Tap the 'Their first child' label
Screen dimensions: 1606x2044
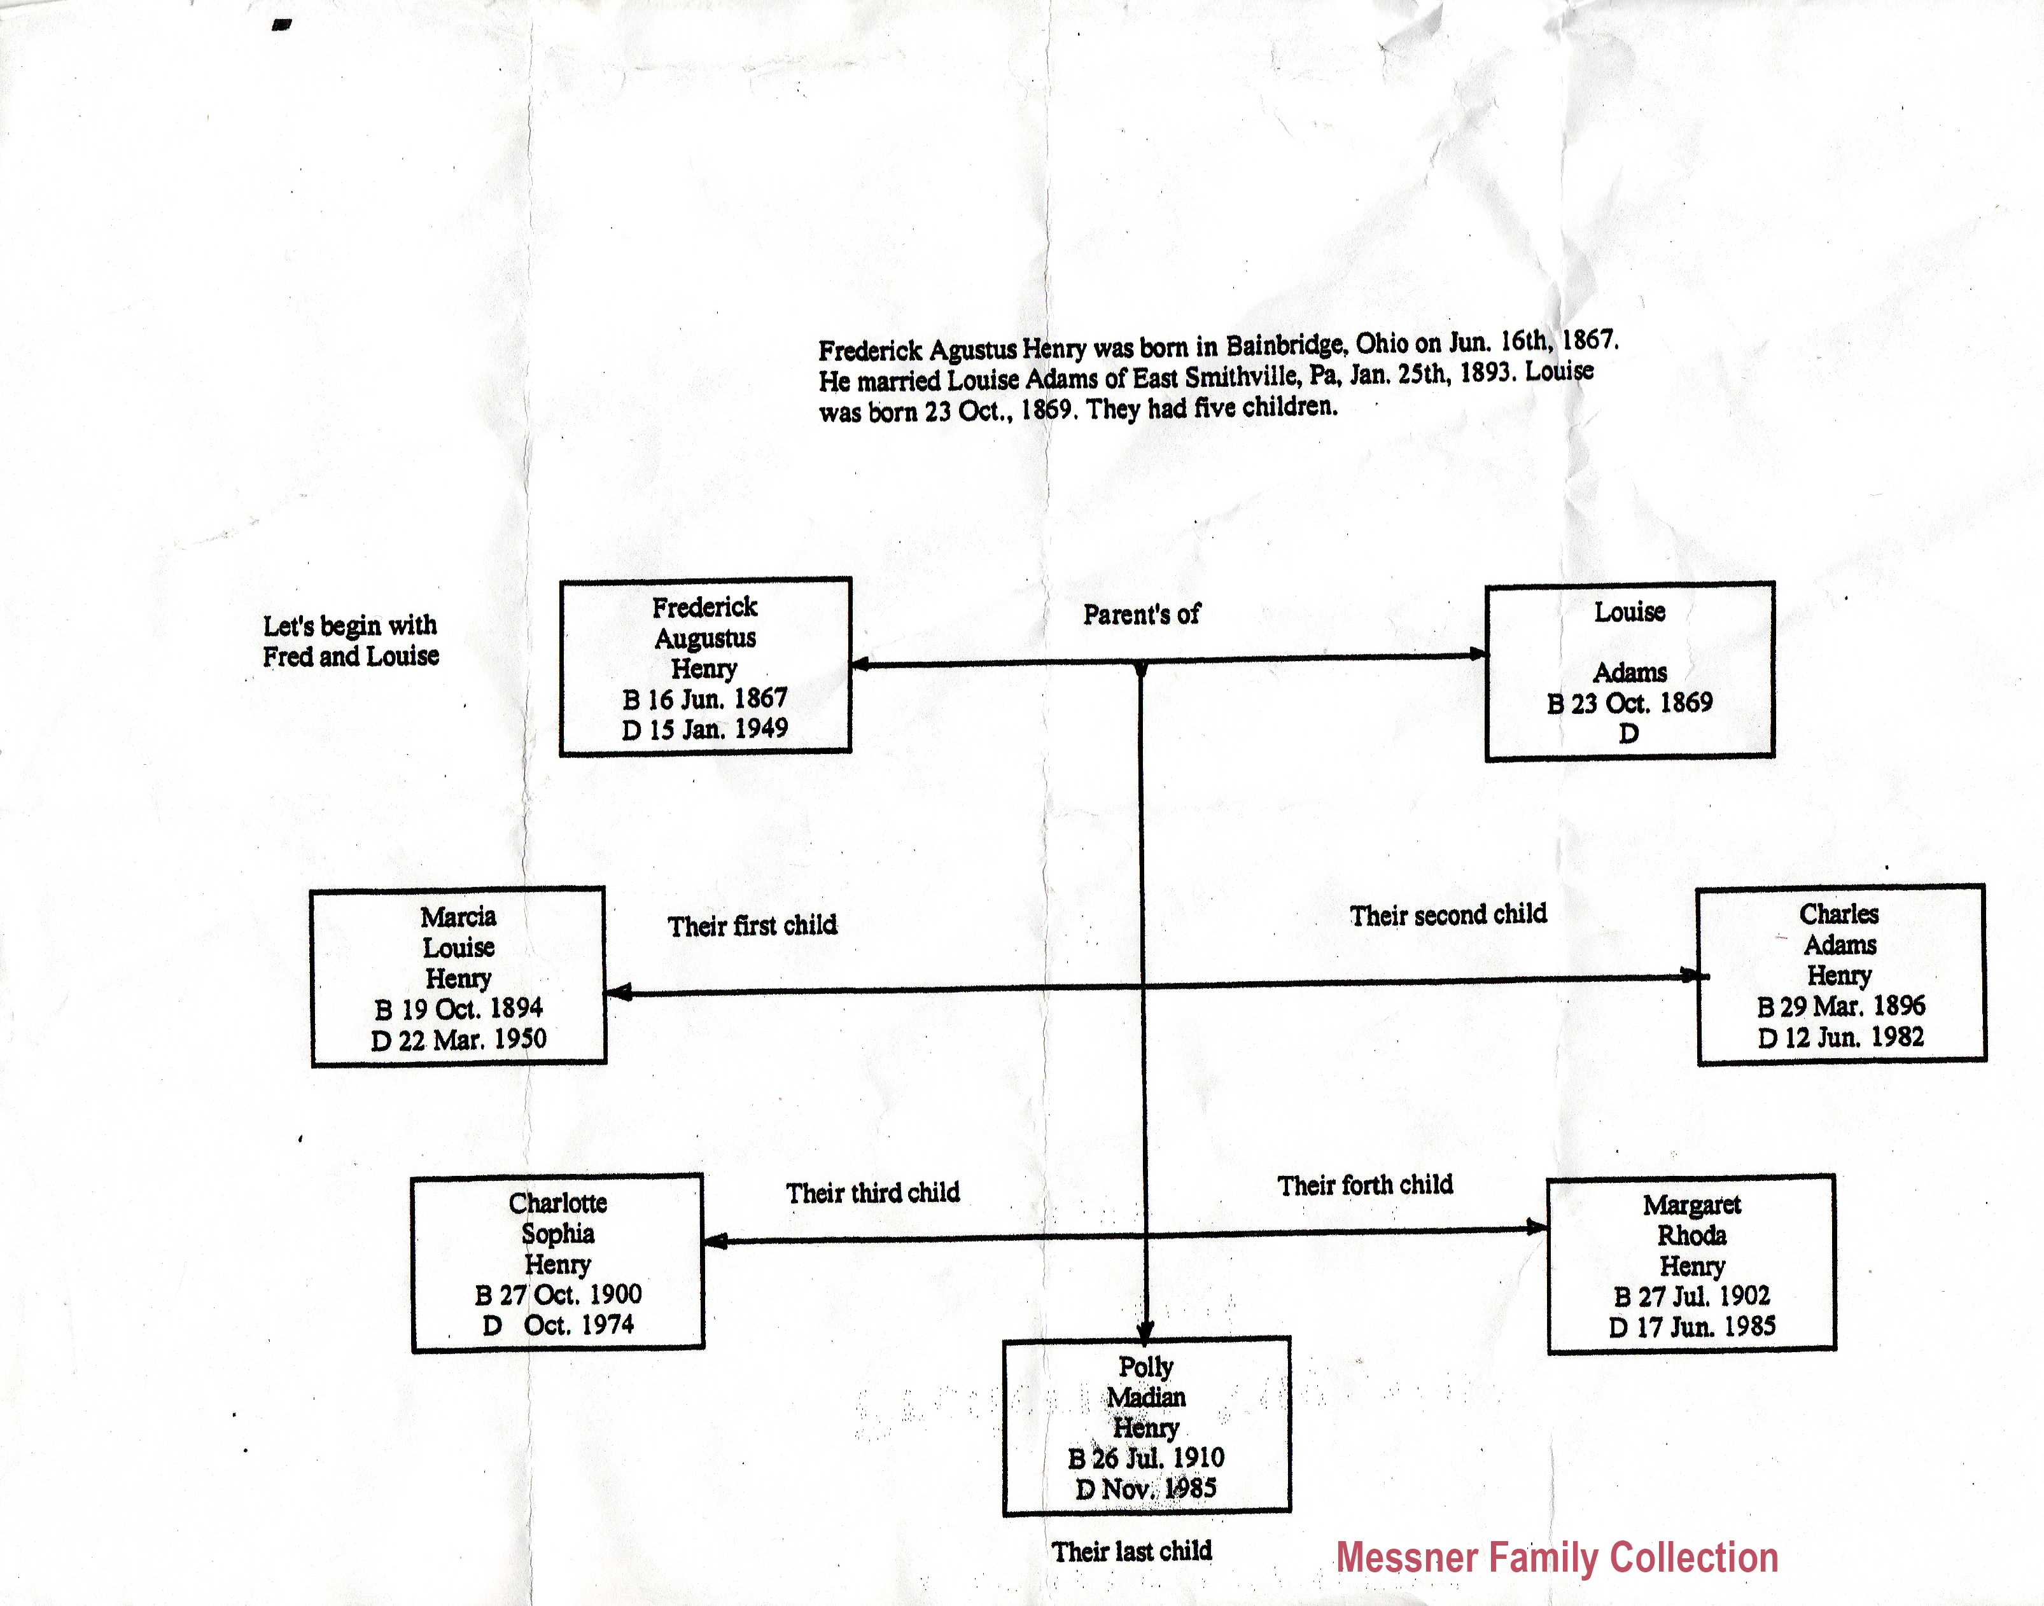tap(752, 925)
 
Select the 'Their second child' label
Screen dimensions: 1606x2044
tap(1448, 914)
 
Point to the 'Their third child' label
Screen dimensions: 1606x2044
tap(872, 1192)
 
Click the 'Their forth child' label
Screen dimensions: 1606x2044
tap(1364, 1185)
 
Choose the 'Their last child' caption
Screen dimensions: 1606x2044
tap(1131, 1551)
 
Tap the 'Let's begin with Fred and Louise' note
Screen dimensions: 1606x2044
tap(350, 640)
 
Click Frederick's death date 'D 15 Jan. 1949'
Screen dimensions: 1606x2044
tap(704, 729)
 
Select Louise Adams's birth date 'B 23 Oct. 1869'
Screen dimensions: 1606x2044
tap(1629, 702)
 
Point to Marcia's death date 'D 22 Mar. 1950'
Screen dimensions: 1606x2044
tap(458, 1039)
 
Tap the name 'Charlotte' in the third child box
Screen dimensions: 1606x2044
tap(557, 1203)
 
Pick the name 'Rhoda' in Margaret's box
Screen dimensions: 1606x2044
tap(1691, 1234)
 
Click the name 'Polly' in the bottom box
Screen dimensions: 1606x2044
tap(1145, 1366)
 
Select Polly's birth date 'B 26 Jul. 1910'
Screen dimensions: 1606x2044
tap(1145, 1458)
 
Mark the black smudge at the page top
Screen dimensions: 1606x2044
tap(281, 24)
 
